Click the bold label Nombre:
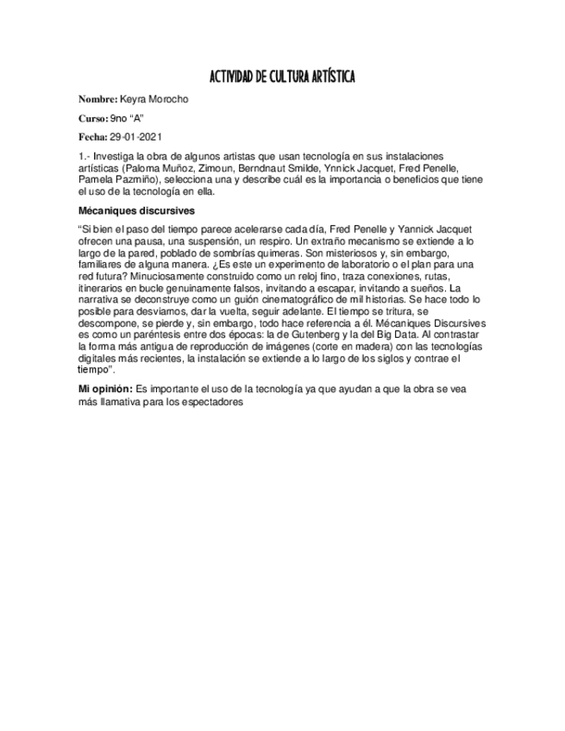coord(97,100)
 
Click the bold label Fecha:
coord(92,136)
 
